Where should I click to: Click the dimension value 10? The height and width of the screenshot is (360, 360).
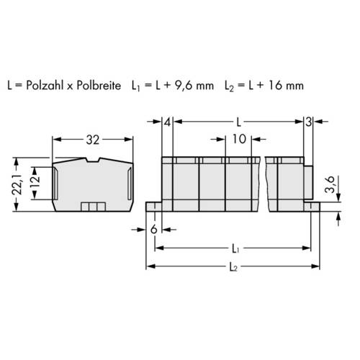(240, 139)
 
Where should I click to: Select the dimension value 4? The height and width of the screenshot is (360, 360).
(167, 122)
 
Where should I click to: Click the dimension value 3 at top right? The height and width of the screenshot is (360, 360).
(308, 122)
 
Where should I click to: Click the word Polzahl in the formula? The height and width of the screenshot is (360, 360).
(53, 85)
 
